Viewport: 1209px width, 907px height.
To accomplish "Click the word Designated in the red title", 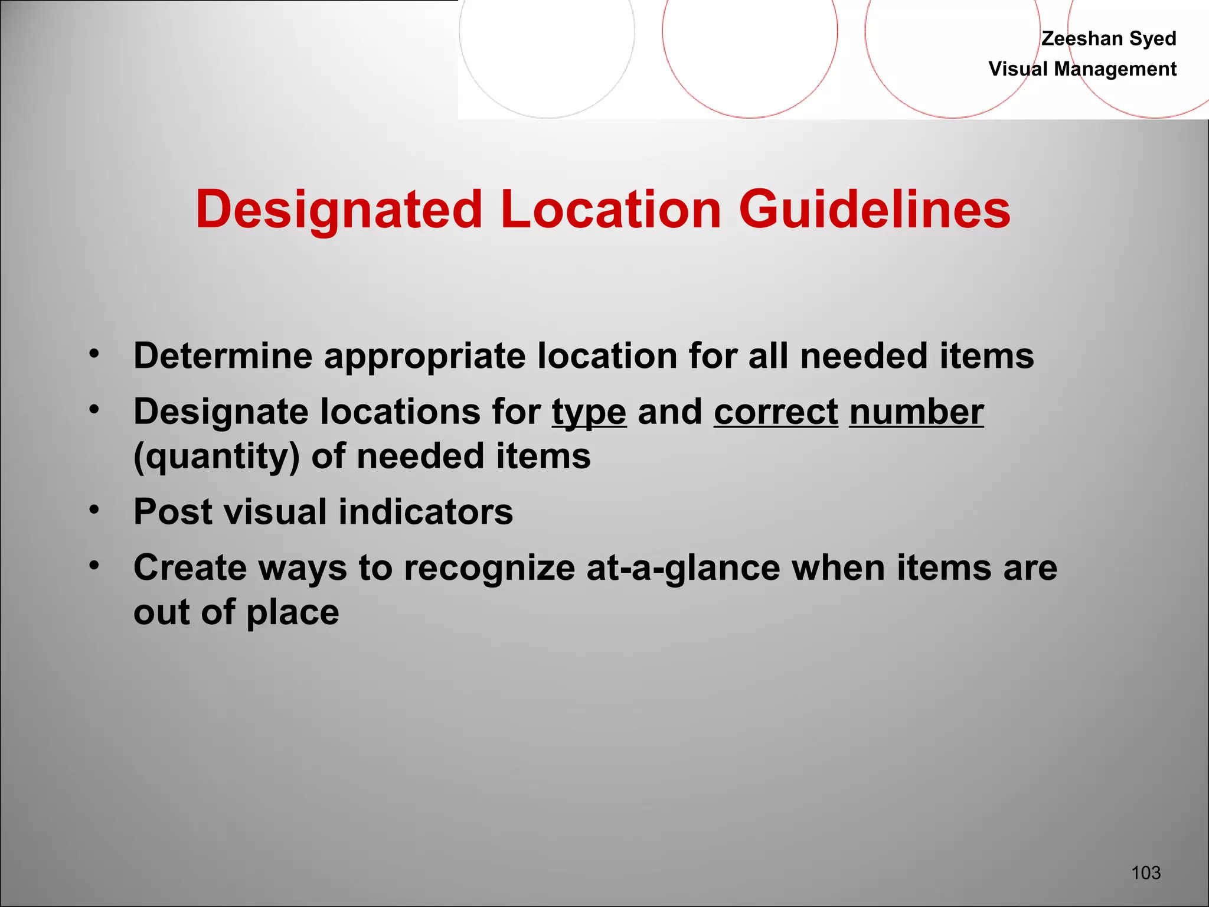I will [x=339, y=210].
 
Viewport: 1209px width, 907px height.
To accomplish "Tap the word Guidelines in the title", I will [x=874, y=210].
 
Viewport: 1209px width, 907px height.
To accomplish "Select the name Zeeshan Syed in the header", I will [x=1109, y=38].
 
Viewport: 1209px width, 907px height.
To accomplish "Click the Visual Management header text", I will [x=1082, y=69].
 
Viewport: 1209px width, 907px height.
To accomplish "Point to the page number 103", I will [x=1146, y=872].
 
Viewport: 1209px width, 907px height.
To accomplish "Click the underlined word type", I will [x=589, y=412].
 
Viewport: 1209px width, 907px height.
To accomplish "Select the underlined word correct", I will [x=776, y=412].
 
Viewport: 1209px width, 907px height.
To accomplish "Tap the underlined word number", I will [x=916, y=412].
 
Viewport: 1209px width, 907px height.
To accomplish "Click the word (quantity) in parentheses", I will [x=217, y=456].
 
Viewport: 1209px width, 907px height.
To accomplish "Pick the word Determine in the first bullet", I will [x=223, y=356].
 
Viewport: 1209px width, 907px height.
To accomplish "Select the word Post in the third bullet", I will [x=172, y=511].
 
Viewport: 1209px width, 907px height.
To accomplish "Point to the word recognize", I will [x=489, y=569].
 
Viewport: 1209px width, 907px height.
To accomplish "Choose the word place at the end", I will [x=292, y=613].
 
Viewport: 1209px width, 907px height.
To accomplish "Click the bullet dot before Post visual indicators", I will [x=94, y=509].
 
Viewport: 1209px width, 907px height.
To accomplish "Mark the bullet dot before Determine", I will [x=94, y=354].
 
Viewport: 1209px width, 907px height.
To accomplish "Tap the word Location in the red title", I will [x=611, y=210].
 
